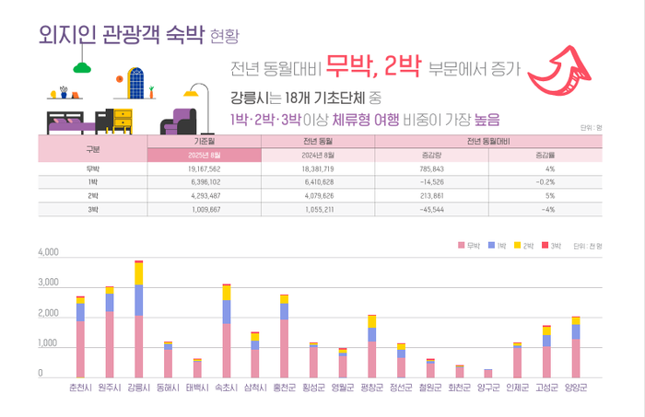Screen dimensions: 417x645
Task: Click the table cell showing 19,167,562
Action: tap(204, 169)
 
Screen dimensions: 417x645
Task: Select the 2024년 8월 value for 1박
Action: tap(318, 182)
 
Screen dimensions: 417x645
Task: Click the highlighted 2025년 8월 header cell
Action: tap(204, 155)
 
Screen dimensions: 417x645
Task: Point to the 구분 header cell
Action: tap(92, 148)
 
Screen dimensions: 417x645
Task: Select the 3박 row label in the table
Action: tap(92, 209)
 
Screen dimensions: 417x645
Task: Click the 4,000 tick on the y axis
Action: tap(47, 251)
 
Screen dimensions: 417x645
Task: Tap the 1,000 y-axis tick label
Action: tap(47, 344)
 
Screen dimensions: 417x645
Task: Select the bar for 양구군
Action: tap(487, 373)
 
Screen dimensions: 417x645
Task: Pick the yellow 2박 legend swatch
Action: tap(519, 247)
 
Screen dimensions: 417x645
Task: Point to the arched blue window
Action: tap(136, 83)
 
